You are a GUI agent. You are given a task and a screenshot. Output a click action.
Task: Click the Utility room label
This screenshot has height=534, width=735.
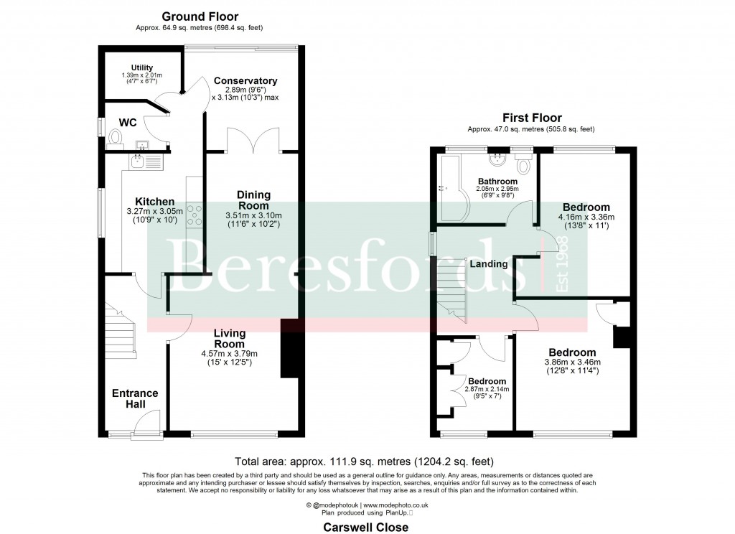(141, 67)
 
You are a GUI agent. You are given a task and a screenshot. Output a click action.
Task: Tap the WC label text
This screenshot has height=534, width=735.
(128, 123)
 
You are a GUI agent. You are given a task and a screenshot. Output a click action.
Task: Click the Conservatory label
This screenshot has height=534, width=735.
(245, 81)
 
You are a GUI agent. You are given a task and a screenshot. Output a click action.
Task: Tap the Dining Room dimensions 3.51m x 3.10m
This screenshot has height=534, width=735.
(253, 215)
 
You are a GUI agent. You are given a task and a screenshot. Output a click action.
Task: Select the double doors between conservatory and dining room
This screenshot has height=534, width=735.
(252, 140)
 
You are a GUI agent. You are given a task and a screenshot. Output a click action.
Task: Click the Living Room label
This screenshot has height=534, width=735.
(229, 338)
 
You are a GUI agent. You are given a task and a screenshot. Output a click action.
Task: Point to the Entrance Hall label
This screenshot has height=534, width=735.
(135, 398)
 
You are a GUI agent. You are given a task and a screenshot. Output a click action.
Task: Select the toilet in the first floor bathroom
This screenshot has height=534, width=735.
(523, 165)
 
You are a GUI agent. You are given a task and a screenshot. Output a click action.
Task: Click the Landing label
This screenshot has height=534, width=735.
(489, 264)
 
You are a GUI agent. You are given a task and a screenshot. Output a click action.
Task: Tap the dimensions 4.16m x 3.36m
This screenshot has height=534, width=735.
(586, 217)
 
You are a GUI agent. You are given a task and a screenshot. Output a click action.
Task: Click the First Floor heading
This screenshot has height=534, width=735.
(531, 118)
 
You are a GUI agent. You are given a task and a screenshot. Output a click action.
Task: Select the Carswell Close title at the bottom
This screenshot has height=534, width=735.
(366, 527)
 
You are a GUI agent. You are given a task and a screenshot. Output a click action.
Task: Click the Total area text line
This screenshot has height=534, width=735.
(365, 462)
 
